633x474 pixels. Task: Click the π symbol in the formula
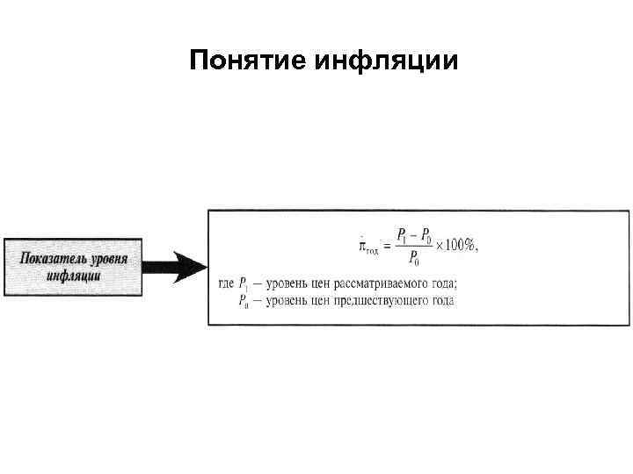tap(364, 246)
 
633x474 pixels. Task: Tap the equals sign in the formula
tap(386, 246)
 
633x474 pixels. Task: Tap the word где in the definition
tap(226, 284)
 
